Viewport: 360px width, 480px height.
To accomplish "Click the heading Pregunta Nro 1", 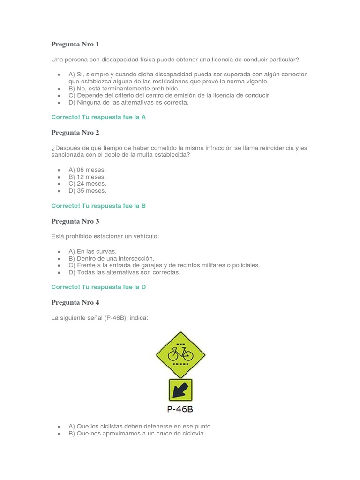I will [x=75, y=45].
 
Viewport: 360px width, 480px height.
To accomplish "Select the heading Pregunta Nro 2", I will [x=75, y=133].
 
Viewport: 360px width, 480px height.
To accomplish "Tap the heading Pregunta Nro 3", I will [x=75, y=221].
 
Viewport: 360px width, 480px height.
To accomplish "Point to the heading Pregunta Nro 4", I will [x=75, y=303].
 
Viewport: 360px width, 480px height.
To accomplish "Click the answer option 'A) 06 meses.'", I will [x=87, y=170].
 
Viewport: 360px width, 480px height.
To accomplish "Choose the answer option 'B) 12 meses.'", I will [x=87, y=177].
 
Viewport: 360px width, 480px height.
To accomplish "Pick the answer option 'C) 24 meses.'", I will [x=87, y=184].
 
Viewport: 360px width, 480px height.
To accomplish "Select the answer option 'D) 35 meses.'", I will [x=87, y=191].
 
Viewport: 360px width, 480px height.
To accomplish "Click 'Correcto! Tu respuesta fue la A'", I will [x=98, y=117].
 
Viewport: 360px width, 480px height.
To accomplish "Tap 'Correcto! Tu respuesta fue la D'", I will [x=98, y=287].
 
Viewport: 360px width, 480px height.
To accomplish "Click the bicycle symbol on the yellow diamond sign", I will [x=180, y=354].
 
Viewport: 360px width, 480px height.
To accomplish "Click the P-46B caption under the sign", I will [x=180, y=409].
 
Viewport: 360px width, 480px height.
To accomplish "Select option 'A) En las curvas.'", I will [x=92, y=251].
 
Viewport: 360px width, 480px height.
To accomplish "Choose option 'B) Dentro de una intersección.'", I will [x=111, y=258].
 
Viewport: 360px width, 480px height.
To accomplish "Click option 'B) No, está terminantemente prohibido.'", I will [x=124, y=88].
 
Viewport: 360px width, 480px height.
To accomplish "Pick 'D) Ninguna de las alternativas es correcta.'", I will [x=128, y=102].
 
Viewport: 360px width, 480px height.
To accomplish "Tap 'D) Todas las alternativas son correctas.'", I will [x=124, y=272].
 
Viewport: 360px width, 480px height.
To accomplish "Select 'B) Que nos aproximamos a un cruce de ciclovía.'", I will [x=137, y=434].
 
